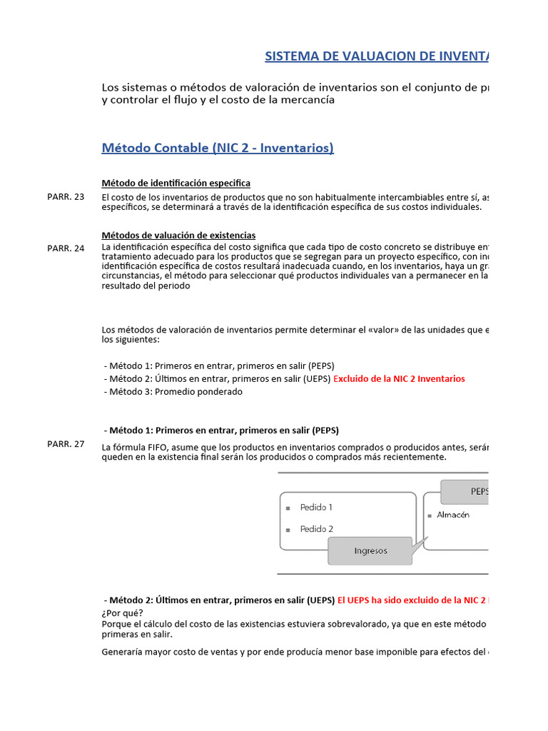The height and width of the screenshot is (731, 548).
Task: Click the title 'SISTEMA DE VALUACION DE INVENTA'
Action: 377,56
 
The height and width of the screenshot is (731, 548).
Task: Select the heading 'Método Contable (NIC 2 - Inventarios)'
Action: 218,148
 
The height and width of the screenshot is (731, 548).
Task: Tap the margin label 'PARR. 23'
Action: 66,197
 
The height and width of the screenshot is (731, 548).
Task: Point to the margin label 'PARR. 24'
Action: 66,248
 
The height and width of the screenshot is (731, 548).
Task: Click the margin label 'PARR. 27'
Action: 66,444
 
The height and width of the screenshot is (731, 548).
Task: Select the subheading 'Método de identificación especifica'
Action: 176,183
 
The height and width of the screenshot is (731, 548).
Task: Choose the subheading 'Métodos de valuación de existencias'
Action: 178,235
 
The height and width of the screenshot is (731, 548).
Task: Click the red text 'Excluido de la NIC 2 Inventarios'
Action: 399,378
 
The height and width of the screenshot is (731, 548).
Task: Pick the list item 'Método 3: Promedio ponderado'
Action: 173,391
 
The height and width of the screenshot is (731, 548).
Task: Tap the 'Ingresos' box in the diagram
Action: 370,550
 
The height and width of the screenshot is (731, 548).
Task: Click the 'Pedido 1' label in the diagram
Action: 316,508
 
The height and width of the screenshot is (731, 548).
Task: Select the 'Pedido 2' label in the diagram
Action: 316,529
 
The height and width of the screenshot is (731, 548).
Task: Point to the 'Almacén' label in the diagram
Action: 453,515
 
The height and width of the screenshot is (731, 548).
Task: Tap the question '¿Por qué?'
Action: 122,612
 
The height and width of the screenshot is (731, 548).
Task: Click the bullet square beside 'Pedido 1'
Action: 288,508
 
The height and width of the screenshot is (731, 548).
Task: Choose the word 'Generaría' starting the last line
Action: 122,651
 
